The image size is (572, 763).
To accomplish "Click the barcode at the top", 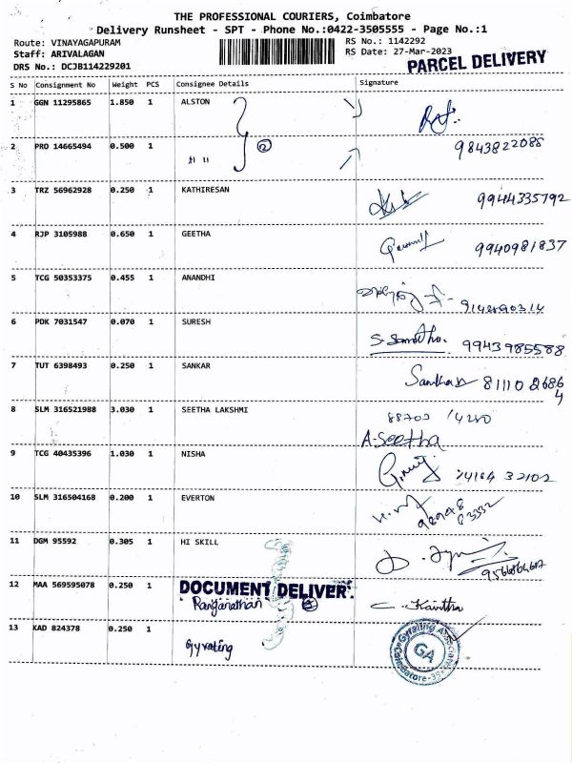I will (x=278, y=52).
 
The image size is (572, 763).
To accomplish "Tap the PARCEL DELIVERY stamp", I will (x=477, y=62).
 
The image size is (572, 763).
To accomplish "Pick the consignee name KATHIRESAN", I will (x=206, y=190).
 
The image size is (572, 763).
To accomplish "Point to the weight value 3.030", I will (x=122, y=409).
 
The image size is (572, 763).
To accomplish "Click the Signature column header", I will (x=378, y=83).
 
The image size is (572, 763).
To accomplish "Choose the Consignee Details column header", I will (x=212, y=83).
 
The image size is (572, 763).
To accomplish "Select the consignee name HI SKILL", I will (x=199, y=541).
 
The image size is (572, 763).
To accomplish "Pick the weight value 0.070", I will (x=122, y=322).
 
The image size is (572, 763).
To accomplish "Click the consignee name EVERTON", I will (x=197, y=497).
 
